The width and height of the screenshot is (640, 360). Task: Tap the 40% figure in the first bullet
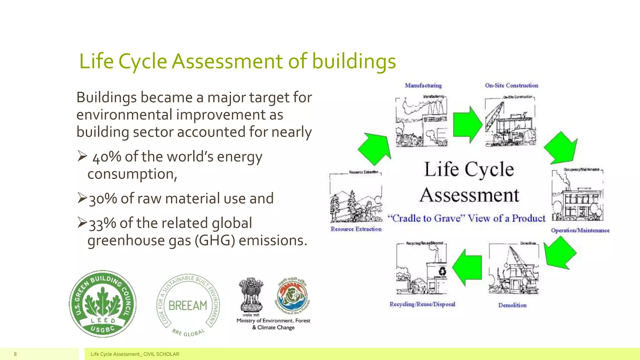[x=107, y=157]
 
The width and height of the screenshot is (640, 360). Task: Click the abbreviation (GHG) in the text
[x=214, y=241]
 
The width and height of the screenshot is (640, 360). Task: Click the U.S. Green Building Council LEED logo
[x=102, y=304]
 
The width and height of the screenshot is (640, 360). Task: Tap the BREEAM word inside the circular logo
[x=188, y=305]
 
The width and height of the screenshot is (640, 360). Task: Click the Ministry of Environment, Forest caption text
[x=273, y=321]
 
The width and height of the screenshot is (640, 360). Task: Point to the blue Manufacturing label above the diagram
[x=423, y=85]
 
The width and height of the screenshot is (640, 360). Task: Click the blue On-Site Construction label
[x=511, y=85]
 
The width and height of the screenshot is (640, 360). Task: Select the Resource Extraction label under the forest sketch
[x=356, y=229]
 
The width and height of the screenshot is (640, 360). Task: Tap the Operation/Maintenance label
[x=580, y=230]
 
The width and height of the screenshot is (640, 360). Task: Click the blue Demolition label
[x=512, y=305]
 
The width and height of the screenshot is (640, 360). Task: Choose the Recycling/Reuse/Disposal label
[x=422, y=304]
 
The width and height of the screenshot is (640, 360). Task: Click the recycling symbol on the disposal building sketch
[x=442, y=271]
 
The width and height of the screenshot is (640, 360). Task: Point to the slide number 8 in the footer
[x=15, y=354]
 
